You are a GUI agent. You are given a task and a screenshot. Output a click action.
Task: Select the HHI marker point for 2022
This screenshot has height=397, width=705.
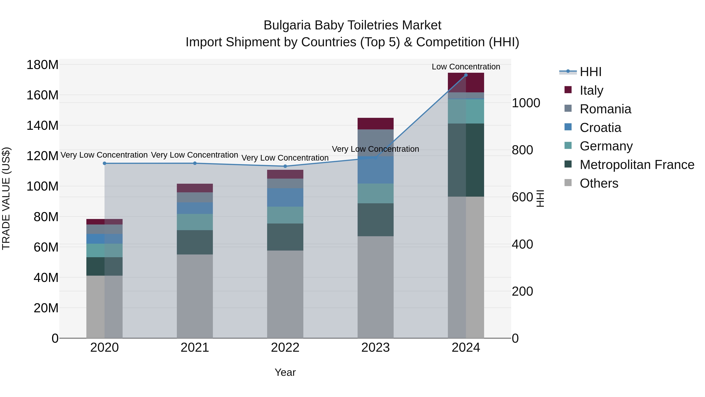(x=285, y=166)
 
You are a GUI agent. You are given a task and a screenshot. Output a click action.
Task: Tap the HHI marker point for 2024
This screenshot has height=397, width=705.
(x=466, y=75)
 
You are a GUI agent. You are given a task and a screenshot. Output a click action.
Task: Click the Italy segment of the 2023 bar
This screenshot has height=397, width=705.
(x=375, y=124)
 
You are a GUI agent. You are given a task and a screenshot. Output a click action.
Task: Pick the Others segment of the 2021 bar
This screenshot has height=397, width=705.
(x=195, y=296)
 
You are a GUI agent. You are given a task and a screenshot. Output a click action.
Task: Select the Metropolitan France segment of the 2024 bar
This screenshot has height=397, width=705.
(x=466, y=160)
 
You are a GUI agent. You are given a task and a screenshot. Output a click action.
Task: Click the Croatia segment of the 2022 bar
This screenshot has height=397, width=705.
(x=285, y=197)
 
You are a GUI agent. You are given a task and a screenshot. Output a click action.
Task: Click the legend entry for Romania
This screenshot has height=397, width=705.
(x=605, y=109)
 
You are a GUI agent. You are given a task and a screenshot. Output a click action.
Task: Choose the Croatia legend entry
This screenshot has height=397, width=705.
(x=600, y=128)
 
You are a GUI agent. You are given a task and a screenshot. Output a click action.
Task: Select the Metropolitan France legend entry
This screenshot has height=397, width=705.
(x=637, y=165)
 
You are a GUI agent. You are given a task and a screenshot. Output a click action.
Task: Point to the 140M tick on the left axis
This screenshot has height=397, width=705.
(x=42, y=126)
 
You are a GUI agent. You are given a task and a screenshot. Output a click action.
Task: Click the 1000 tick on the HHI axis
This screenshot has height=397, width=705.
(x=526, y=103)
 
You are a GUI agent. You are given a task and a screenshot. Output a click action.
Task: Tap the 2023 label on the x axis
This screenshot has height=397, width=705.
(x=375, y=348)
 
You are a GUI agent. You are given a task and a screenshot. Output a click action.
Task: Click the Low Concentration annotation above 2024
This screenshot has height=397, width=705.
(x=466, y=67)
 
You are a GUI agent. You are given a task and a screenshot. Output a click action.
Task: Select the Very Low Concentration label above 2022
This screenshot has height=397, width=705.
(x=285, y=158)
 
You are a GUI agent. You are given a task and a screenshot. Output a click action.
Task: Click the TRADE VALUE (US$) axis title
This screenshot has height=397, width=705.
(x=6, y=198)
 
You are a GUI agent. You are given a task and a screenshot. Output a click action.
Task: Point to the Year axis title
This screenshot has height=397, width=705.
(x=285, y=372)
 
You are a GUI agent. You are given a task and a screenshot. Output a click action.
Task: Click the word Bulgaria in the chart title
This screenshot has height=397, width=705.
(x=287, y=25)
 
